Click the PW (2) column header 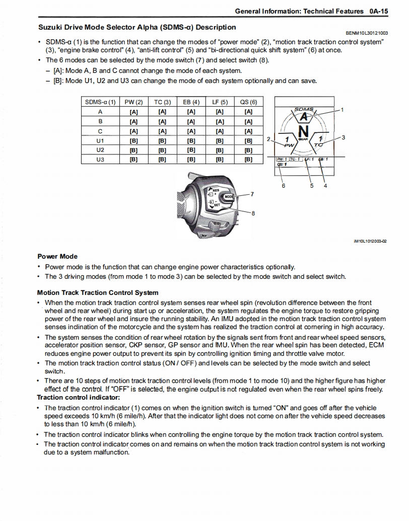pos(133,102)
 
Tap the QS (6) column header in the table pos(248,102)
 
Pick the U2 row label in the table pos(100,150)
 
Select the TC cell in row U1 pos(162,140)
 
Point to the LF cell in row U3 pos(220,160)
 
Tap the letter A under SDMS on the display pos(303,117)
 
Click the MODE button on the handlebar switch pos(229,196)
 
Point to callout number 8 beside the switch pos(253,213)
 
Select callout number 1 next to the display pos(342,109)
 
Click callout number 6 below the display pos(283,186)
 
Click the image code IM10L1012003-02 pos(370,241)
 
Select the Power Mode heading pos(57,256)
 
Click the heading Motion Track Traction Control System pos(98,292)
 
